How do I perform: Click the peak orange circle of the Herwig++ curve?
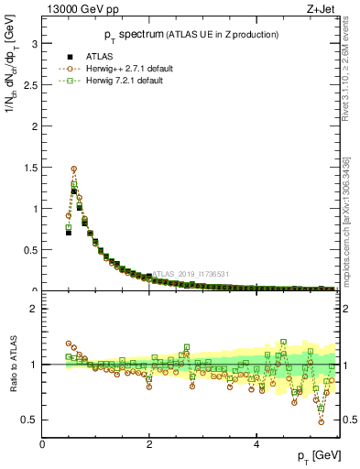(x=73, y=169)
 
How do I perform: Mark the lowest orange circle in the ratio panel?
(x=321, y=421)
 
